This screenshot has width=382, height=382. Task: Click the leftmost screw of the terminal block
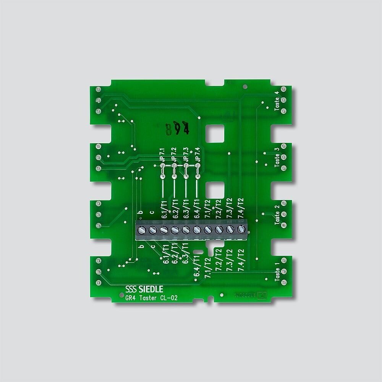coord(141,230)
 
